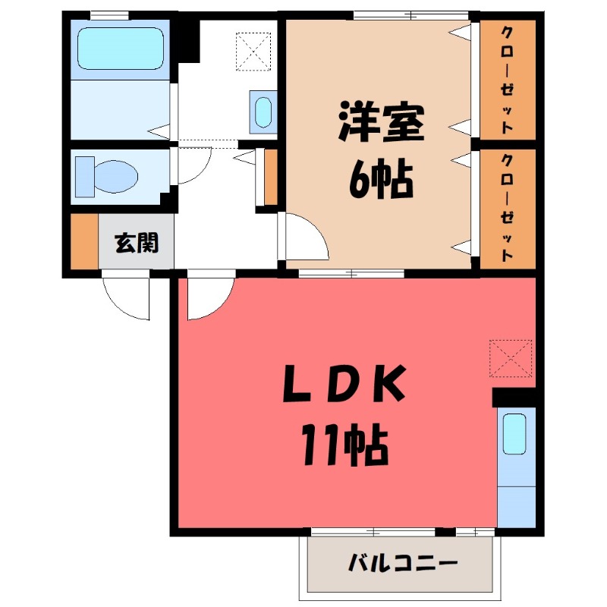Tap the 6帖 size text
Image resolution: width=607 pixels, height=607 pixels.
tap(380, 180)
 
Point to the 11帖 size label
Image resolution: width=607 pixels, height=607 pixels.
tap(345, 447)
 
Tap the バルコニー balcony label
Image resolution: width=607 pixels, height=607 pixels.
tap(403, 564)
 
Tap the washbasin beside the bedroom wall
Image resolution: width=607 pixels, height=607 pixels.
tap(262, 112)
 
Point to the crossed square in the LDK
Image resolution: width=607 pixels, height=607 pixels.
tap(511, 359)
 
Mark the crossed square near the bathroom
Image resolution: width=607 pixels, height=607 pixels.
tap(253, 49)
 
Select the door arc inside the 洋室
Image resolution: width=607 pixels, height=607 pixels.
tap(307, 239)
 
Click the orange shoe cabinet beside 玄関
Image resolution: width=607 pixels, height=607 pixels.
tap(84, 242)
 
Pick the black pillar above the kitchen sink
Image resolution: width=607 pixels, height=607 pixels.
tap(514, 398)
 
